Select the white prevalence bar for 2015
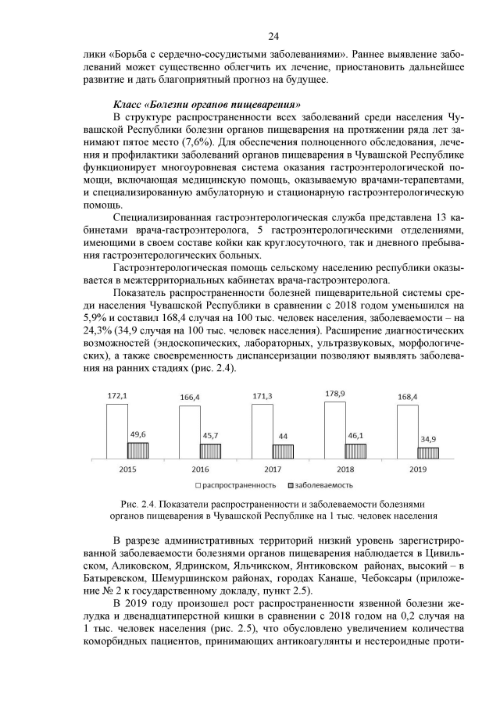[117, 430]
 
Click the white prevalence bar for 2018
[334, 430]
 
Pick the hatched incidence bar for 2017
[283, 451]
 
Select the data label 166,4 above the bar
[189, 398]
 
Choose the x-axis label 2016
[198, 470]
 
